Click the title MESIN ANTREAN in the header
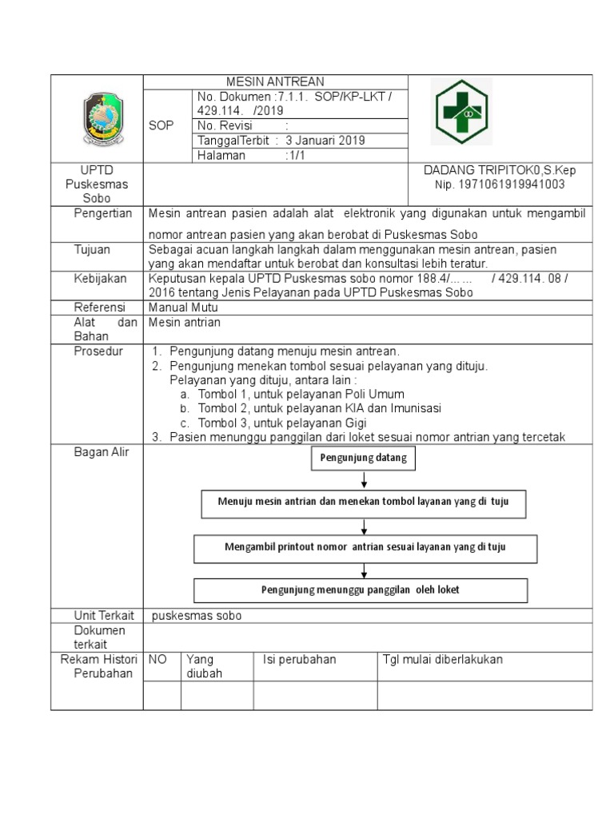point(275,81)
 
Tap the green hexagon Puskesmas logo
point(460,113)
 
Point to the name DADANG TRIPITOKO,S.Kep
point(500,170)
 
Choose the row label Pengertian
point(102,213)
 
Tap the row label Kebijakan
point(99,278)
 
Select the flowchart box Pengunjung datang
point(364,459)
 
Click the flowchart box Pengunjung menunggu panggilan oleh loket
point(361,590)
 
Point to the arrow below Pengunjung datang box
point(365,480)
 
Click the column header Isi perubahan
point(300,660)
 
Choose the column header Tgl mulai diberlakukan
point(443,660)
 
